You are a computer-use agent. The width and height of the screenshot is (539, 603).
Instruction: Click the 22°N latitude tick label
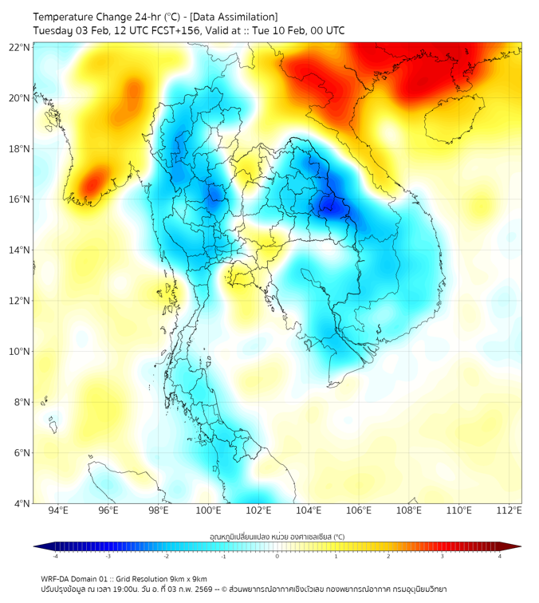(19, 47)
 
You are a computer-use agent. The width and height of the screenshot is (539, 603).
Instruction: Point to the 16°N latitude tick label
(19, 199)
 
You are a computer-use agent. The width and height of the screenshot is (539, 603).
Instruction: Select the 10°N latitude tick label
(19, 352)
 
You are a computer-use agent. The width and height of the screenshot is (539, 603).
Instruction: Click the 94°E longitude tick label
(58, 511)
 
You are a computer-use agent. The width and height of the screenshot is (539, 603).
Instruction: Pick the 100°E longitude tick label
(208, 511)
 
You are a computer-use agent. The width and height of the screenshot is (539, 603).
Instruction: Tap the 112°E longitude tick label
(509, 511)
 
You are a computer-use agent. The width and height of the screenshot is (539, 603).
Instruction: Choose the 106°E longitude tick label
(359, 511)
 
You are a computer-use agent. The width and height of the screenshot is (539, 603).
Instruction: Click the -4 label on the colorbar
(55, 556)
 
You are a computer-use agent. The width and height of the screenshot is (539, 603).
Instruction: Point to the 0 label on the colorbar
(277, 556)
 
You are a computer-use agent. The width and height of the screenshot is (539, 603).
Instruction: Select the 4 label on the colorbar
(500, 556)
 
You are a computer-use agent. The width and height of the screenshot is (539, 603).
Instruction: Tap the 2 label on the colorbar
(388, 556)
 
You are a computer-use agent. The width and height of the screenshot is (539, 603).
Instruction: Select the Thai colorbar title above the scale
(277, 537)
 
